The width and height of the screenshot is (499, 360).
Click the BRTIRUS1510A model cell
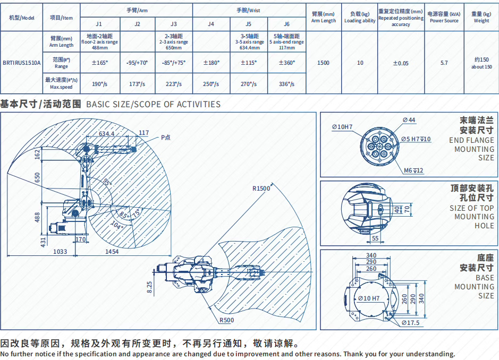coord(22,63)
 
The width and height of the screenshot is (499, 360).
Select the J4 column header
coord(211,24)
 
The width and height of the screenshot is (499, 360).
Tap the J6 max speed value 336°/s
coord(286,84)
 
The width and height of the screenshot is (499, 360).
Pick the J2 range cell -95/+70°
coord(137,63)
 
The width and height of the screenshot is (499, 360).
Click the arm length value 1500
coord(323,63)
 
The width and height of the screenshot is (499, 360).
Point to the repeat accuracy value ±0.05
coord(401,63)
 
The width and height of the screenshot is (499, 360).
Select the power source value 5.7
coord(444,63)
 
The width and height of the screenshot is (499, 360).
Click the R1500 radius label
coord(261,188)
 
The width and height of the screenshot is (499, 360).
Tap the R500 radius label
coord(226,320)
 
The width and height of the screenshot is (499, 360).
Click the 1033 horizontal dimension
coord(60,252)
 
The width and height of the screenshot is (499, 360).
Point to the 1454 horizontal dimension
coord(112,252)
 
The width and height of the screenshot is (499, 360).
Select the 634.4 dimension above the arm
coord(107,134)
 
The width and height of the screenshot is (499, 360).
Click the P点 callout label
coord(165,138)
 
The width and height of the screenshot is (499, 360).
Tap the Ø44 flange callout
coord(409,120)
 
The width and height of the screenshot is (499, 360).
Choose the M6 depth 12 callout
coord(413,170)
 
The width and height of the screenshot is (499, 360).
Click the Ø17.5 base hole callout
coord(411,323)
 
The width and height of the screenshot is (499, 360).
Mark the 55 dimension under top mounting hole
coord(375,238)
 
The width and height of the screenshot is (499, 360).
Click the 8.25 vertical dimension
coord(149,287)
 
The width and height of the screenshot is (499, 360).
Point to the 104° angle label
coord(117,226)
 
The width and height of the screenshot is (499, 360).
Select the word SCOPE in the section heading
coord(148,104)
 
